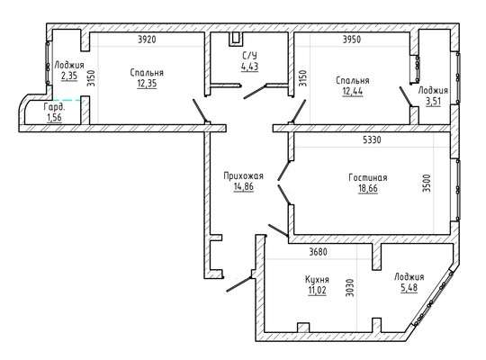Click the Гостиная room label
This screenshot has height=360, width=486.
[x=368, y=177]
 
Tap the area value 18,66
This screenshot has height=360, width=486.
[x=368, y=188]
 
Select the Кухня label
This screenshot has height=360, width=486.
[x=317, y=280]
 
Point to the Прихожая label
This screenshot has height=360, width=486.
[x=244, y=175]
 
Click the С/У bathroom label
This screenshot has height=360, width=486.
[x=249, y=56]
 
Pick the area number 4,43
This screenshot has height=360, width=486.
[x=250, y=67]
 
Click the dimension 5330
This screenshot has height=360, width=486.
[x=372, y=139]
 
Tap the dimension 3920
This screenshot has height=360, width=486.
[x=147, y=40]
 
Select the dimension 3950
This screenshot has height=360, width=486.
[x=352, y=40]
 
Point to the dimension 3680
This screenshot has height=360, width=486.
[x=319, y=252]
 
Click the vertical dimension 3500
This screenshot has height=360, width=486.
[x=427, y=184]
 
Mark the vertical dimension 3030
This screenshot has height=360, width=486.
[x=350, y=288]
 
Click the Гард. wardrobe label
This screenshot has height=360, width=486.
[x=55, y=107]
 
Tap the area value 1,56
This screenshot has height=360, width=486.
[x=54, y=118]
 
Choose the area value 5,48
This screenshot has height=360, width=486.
[x=409, y=287]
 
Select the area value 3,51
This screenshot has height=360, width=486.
[x=433, y=101]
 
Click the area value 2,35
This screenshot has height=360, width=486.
[x=69, y=76]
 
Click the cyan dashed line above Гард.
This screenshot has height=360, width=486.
[x=67, y=100]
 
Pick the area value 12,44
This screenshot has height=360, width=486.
[x=353, y=91]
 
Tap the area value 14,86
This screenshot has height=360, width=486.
[x=244, y=186]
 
